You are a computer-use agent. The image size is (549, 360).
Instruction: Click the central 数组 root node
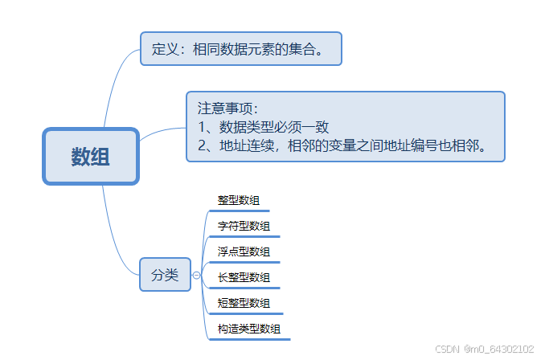tap(91, 157)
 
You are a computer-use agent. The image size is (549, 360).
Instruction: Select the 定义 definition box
tap(241, 49)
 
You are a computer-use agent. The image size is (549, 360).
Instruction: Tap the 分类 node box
tap(165, 275)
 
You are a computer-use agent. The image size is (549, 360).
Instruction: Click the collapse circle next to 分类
tap(197, 276)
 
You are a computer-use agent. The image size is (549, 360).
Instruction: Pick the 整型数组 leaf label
tap(238, 200)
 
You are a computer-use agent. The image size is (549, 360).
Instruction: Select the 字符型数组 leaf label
tap(244, 226)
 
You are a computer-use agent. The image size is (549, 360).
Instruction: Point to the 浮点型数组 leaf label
tap(244, 252)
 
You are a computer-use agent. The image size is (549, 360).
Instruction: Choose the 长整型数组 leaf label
tap(244, 277)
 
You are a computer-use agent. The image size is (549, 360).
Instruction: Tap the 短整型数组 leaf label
tap(244, 303)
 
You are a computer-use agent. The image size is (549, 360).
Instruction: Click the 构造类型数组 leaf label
tap(249, 329)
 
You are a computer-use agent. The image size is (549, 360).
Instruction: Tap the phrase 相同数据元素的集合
tap(258, 49)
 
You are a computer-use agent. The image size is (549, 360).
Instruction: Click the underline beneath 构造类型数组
tap(249, 339)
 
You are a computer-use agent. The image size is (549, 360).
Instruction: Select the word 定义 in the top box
tap(164, 49)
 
